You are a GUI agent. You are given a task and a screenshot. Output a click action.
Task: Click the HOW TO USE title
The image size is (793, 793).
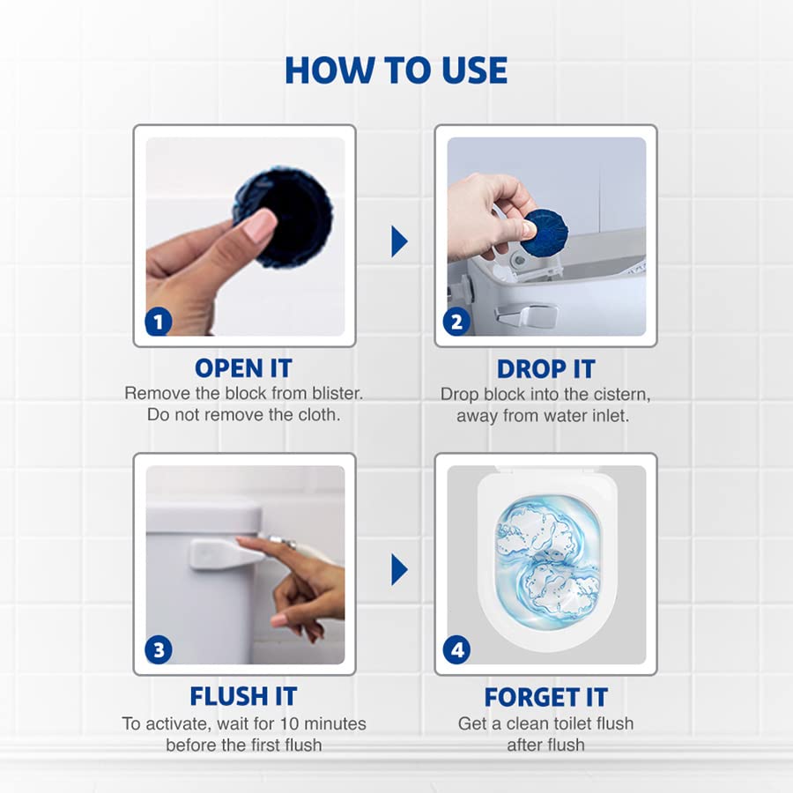[396, 70]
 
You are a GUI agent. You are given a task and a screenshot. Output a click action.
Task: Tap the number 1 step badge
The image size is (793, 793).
[159, 322]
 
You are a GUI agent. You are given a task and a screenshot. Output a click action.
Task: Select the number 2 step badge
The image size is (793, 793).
[456, 322]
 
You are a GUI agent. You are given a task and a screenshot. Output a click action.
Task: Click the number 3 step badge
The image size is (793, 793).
[159, 650]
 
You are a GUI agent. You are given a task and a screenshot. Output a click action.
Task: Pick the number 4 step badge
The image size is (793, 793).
[456, 650]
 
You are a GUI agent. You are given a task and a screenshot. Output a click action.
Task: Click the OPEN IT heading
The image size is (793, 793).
[243, 367]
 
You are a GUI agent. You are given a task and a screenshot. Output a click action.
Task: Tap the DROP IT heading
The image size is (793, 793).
[545, 369]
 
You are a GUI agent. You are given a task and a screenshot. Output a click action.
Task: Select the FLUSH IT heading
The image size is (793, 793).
[243, 697]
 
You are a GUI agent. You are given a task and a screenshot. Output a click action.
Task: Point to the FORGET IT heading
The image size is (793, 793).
[545, 697]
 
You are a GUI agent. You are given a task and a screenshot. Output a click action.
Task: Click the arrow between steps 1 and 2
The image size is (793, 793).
[399, 241]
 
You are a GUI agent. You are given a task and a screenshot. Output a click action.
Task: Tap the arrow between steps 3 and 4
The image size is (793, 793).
[399, 569]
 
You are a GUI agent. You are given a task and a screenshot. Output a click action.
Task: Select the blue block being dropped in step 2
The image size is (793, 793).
[544, 232]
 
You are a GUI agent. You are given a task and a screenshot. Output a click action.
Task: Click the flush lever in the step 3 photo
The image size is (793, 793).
[216, 554]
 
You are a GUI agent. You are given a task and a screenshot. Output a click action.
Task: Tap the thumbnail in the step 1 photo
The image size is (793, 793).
[260, 228]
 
